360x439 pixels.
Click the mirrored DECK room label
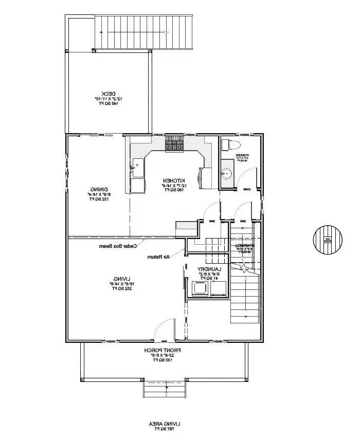tap(107, 98)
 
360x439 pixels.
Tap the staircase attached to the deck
tap(144, 32)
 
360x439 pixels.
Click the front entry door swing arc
tap(164, 329)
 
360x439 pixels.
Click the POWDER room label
tap(242, 156)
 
